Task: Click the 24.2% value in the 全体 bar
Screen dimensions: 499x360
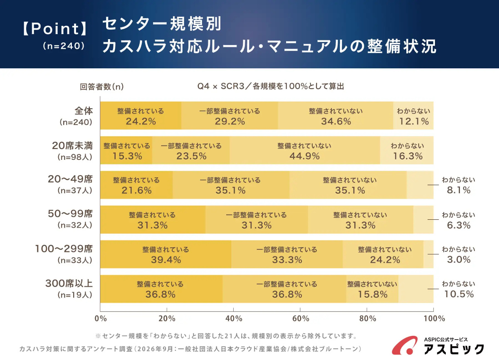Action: pos(141,122)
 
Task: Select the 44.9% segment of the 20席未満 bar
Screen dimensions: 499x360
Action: pos(305,150)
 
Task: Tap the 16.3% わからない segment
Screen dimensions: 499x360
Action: pos(407,150)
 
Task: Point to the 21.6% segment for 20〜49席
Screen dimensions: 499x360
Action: pos(136,185)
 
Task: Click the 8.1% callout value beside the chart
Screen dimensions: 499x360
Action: pos(459,190)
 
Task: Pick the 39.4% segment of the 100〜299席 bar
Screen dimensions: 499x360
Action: pos(166,254)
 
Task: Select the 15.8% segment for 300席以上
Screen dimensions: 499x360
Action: pos(372,289)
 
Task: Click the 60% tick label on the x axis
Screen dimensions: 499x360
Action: pos(301,318)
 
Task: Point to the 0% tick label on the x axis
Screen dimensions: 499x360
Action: pos(101,318)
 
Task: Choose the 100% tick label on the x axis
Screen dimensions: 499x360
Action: pos(434,318)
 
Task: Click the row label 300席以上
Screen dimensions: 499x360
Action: pos(69,283)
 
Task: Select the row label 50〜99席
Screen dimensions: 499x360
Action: pos(70,214)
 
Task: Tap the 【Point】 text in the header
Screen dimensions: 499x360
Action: pos(55,29)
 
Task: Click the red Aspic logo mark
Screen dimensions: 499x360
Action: pos(404,345)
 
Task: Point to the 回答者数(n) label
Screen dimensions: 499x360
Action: pos(102,87)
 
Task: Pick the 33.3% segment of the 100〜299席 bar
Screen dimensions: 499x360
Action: pos(287,254)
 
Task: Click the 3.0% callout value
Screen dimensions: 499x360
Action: pos(459,260)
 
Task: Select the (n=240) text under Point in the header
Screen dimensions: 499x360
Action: pos(64,46)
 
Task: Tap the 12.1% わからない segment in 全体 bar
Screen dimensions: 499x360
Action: pos(413,115)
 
